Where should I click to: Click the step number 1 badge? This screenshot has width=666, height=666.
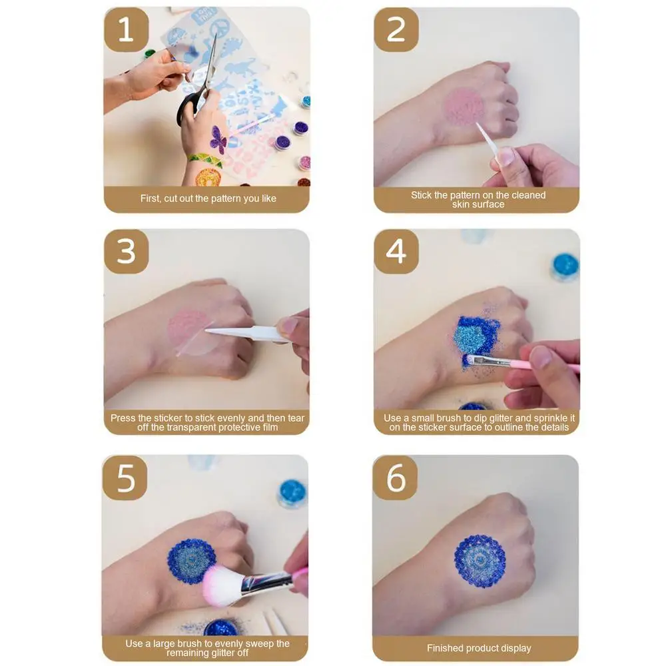tap(126, 30)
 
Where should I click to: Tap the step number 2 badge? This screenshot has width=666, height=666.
tap(396, 30)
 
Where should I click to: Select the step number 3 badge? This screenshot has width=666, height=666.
tap(126, 252)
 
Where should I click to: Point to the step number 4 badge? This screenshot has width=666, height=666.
tap(396, 252)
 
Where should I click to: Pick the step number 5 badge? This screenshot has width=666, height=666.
tap(125, 478)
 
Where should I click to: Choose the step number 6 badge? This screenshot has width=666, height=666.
tap(395, 478)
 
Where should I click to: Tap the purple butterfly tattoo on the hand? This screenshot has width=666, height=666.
tap(218, 139)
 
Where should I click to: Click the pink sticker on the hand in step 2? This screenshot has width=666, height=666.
tap(464, 106)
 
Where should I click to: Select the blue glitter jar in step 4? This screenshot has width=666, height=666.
tap(565, 267)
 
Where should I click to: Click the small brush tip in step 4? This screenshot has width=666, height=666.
tap(468, 360)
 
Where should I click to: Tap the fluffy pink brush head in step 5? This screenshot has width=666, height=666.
tap(222, 585)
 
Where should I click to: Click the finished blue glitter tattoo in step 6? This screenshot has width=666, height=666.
tap(480, 561)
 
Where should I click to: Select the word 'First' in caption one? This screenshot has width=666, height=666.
tap(150, 198)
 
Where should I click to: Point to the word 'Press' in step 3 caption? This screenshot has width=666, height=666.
tap(123, 418)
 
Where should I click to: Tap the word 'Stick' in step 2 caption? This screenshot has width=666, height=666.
tap(420, 195)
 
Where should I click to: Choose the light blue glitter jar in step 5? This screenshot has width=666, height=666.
tap(292, 494)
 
